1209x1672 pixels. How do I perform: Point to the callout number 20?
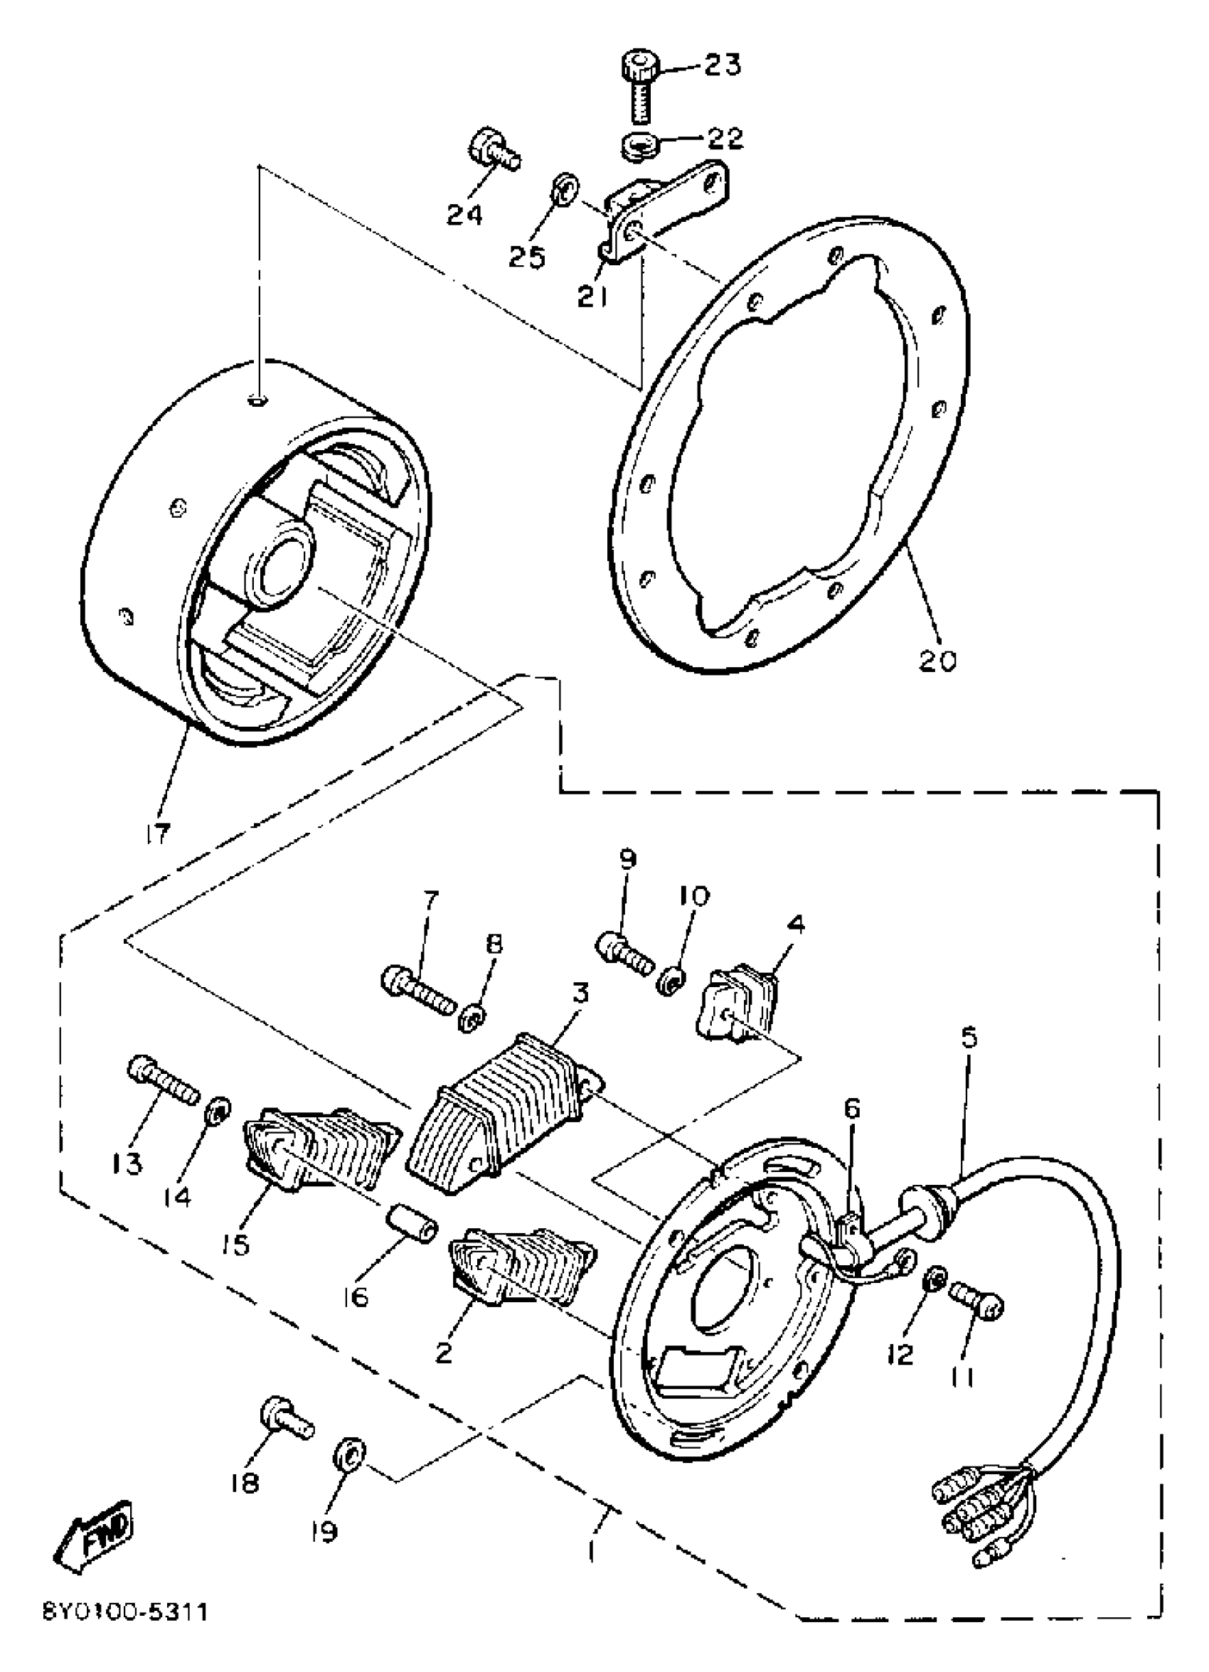point(937,659)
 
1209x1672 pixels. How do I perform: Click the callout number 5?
point(969,1038)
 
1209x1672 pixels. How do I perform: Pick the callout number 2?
point(443,1353)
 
